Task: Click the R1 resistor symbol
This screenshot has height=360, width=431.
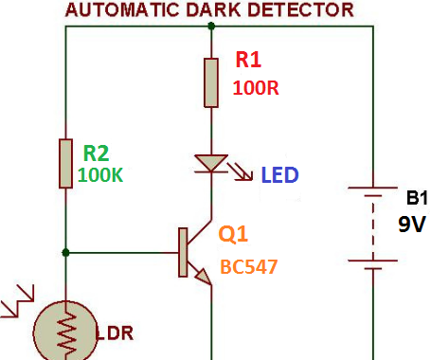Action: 210,81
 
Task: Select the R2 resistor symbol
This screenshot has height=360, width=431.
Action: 65,162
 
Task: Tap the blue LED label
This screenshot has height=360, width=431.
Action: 280,175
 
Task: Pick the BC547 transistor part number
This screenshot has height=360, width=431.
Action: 249,266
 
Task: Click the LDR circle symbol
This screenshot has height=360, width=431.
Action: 65,332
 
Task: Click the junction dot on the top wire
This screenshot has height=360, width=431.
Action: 210,27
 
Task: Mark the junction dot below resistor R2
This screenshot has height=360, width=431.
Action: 65,252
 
